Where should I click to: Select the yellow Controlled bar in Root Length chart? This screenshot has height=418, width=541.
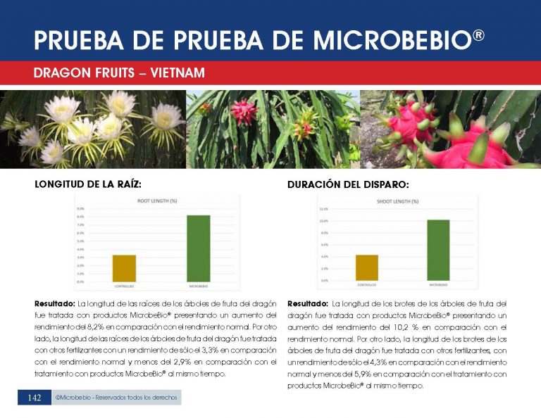click(x=125, y=267)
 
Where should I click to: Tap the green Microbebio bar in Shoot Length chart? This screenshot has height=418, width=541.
click(x=437, y=250)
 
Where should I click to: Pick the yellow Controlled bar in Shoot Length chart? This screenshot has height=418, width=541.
click(x=367, y=267)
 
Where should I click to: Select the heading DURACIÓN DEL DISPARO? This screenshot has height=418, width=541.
click(x=348, y=185)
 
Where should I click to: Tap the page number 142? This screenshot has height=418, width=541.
click(x=34, y=398)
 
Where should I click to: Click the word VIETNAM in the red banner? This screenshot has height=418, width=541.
click(x=173, y=72)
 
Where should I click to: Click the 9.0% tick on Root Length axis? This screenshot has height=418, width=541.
click(x=80, y=209)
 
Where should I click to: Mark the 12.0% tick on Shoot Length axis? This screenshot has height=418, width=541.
click(x=324, y=210)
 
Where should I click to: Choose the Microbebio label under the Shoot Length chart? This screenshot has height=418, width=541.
click(x=437, y=285)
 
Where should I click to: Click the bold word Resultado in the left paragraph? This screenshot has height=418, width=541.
click(x=55, y=303)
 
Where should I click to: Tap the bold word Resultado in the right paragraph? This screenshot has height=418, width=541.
click(x=308, y=303)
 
